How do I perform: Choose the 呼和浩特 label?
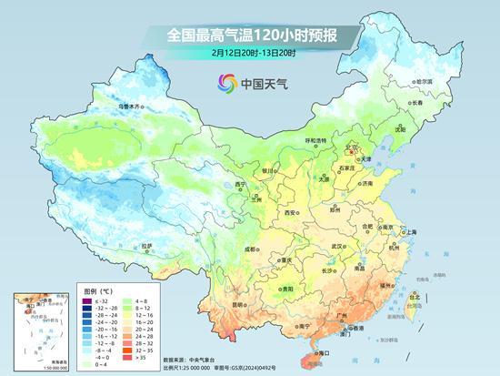[x=315, y=140]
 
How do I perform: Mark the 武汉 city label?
[x=338, y=246]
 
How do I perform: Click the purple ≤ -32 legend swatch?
[x=88, y=301]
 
